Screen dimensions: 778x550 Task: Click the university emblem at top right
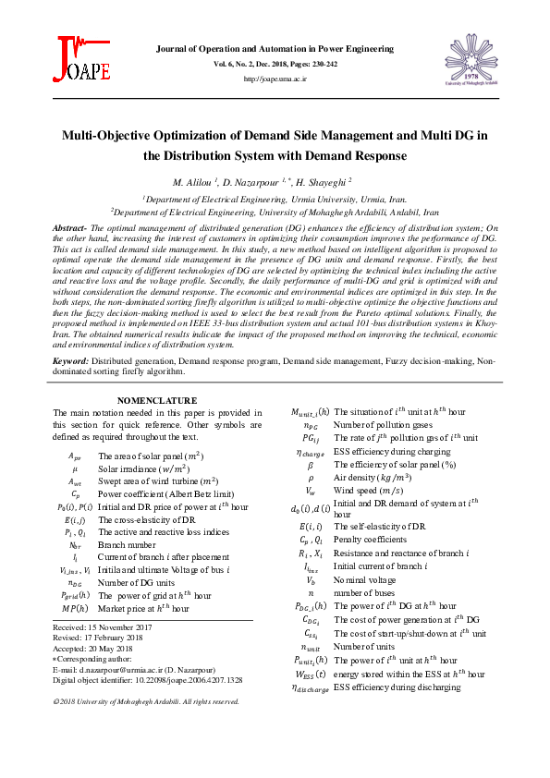[x=474, y=57]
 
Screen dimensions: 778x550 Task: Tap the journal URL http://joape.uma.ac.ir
[x=275, y=79]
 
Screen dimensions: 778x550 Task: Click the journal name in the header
[x=275, y=46]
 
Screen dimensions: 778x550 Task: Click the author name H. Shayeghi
[x=323, y=182]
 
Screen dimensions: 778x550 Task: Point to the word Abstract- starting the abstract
[x=70, y=227]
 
